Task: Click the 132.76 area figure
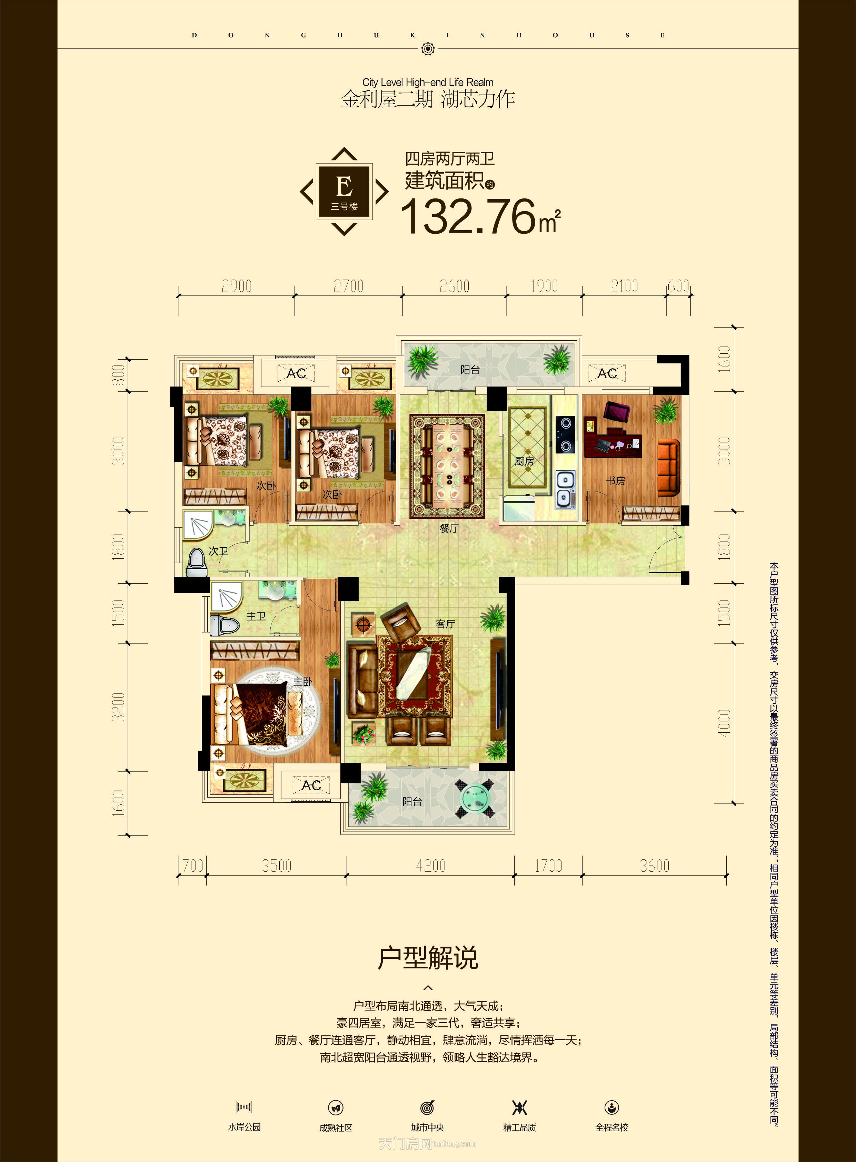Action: point(469,217)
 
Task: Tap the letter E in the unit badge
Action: point(344,186)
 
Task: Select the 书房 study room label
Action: point(616,481)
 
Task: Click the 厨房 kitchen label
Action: point(524,461)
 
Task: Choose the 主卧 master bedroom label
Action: point(302,682)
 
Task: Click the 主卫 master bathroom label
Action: point(256,616)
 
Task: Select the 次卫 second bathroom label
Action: point(218,551)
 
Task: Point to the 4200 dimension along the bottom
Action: point(431,866)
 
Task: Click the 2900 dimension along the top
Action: point(236,286)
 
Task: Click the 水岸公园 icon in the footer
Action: point(244,1107)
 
